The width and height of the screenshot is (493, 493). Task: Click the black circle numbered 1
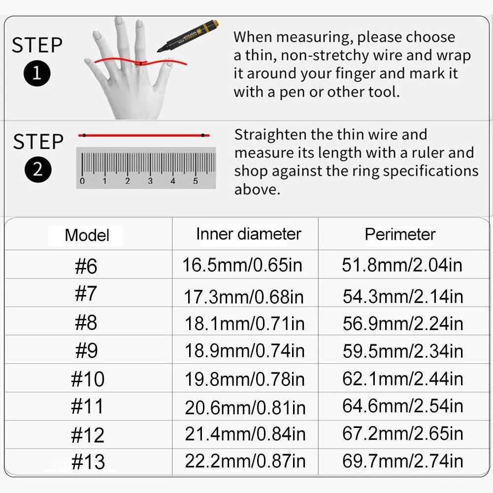pyautogui.click(x=37, y=73)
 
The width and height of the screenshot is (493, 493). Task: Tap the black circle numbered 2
pyautogui.click(x=38, y=169)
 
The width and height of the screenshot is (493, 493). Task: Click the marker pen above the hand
pyautogui.click(x=188, y=35)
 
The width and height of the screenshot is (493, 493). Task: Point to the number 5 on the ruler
pyautogui.click(x=195, y=181)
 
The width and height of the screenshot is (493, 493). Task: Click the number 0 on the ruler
pyautogui.click(x=82, y=181)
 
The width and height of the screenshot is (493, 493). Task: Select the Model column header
pyautogui.click(x=87, y=235)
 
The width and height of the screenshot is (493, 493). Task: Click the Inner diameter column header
pyautogui.click(x=248, y=234)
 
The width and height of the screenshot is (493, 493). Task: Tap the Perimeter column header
pyautogui.click(x=400, y=234)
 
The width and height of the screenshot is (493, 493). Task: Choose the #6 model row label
pyautogui.click(x=86, y=266)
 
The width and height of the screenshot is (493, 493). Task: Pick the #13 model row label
pyautogui.click(x=88, y=461)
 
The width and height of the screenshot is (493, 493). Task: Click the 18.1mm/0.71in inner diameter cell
pyautogui.click(x=245, y=324)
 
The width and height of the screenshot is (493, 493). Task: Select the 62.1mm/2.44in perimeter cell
pyautogui.click(x=403, y=378)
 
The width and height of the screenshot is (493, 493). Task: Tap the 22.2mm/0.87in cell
pyautogui.click(x=245, y=461)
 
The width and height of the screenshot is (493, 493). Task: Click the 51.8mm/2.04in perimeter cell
pyautogui.click(x=402, y=265)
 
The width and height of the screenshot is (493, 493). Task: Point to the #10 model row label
pyautogui.click(x=88, y=379)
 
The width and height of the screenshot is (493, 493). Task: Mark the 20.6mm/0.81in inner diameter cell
pyautogui.click(x=245, y=407)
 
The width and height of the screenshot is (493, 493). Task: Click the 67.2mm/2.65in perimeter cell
pyautogui.click(x=403, y=433)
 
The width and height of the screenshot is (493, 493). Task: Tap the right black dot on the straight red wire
pyautogui.click(x=203, y=135)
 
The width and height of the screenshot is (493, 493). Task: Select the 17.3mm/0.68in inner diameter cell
pyautogui.click(x=244, y=297)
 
